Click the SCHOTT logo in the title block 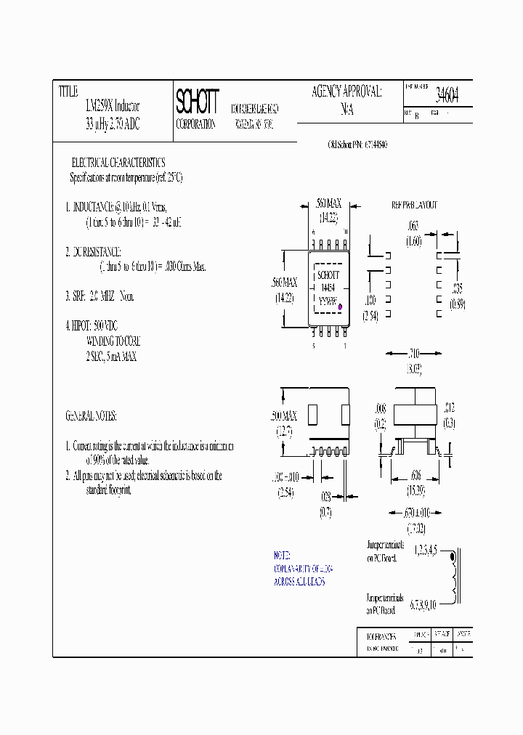(196, 103)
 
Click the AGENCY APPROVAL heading (346, 92)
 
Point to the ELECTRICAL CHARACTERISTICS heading (118, 163)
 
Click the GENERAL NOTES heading (92, 416)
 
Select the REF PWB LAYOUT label (415, 206)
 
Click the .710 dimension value (413, 353)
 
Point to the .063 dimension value (413, 227)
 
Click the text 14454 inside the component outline (326, 287)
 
